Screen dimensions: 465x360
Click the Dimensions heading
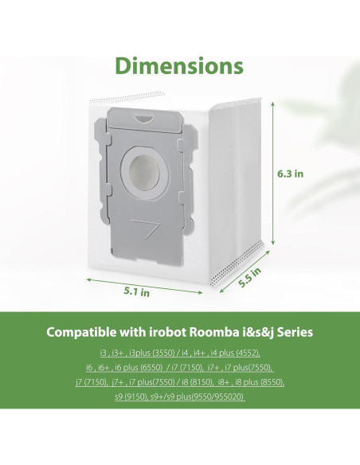[179, 64]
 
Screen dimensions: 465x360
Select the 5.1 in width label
[136, 293]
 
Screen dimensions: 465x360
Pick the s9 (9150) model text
[134, 397]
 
